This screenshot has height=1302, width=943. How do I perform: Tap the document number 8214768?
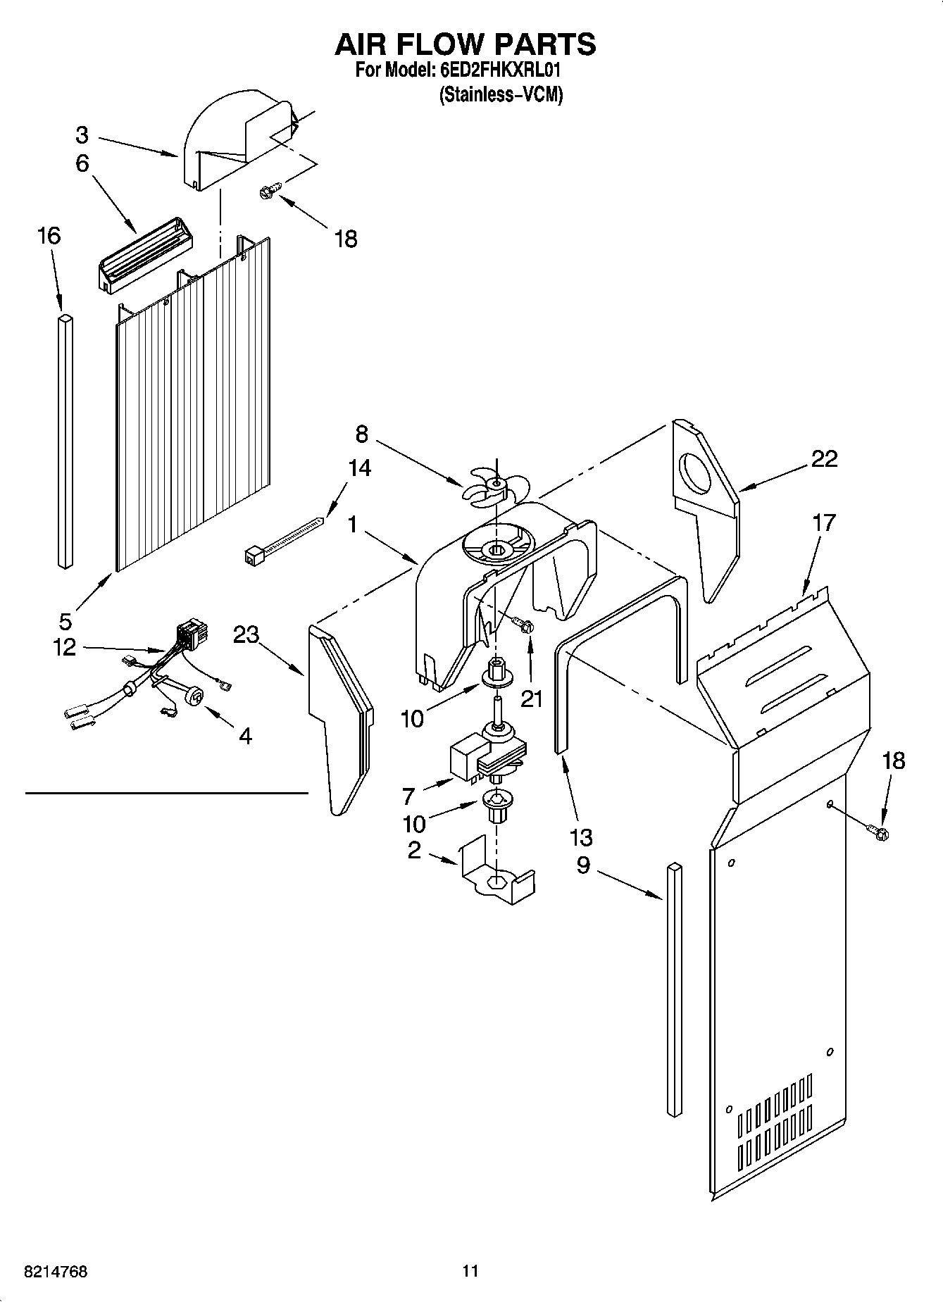56,1272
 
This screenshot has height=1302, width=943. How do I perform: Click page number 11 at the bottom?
470,1271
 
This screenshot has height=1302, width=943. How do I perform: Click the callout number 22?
824,459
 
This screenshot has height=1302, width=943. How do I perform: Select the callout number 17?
823,522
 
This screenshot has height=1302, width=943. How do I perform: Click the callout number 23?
246,634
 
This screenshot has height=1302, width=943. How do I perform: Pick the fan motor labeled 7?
486,757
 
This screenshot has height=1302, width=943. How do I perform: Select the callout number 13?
581,838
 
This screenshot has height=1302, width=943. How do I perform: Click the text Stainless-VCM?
501,94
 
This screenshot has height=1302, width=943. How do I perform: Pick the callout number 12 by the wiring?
64,646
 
